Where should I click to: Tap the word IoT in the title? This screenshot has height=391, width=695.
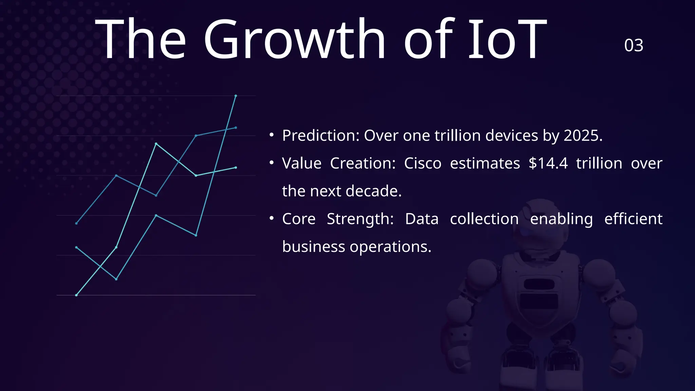pyautogui.click(x=507, y=39)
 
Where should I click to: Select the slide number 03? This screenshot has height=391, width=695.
pyautogui.click(x=634, y=45)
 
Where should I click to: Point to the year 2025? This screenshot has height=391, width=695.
pyautogui.click(x=583, y=135)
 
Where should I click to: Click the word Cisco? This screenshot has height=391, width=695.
pyautogui.click(x=422, y=163)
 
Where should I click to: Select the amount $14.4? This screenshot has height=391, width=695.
pyautogui.click(x=548, y=163)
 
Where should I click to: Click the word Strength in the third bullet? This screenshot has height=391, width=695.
pyautogui.click(x=360, y=219)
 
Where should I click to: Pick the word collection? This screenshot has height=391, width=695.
pyautogui.click(x=484, y=219)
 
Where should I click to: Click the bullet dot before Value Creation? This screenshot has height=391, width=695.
pyautogui.click(x=271, y=163)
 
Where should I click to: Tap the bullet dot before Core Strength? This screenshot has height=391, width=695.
pyautogui.click(x=271, y=219)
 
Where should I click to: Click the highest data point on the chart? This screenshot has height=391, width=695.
pyautogui.click(x=236, y=96)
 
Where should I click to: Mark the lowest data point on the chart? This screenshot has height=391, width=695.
pyautogui.click(x=76, y=295)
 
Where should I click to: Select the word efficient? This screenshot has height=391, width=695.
pyautogui.click(x=633, y=219)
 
